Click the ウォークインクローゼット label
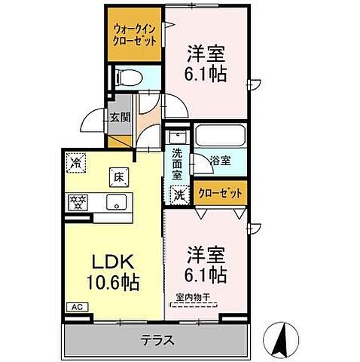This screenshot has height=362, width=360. (x=133, y=35)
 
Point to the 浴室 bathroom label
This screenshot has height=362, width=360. (x=219, y=160)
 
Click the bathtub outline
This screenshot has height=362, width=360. (x=220, y=137)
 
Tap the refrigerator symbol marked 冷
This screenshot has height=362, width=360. (x=77, y=161)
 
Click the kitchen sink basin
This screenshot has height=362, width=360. (x=117, y=201)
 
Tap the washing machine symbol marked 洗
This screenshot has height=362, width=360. (x=178, y=194)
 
